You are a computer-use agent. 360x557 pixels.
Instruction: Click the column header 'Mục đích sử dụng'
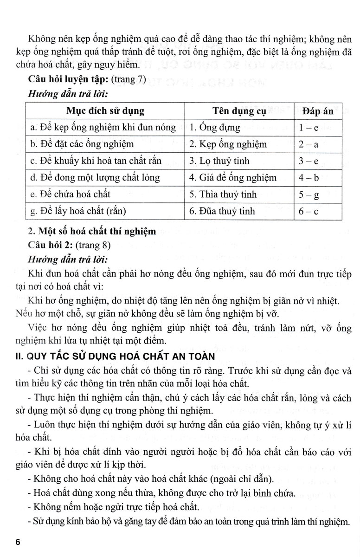click(x=105, y=111)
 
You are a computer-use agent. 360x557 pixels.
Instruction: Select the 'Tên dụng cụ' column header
click(x=239, y=111)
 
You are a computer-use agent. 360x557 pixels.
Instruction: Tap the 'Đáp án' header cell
click(x=318, y=111)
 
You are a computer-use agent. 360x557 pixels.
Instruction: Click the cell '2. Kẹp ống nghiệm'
click(x=228, y=144)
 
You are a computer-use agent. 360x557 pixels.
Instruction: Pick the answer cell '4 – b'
click(x=318, y=177)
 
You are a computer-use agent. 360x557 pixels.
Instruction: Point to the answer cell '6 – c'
click(x=318, y=211)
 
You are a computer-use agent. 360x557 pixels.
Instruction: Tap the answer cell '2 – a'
click(x=318, y=144)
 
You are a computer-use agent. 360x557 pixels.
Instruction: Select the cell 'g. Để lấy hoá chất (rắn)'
click(x=77, y=211)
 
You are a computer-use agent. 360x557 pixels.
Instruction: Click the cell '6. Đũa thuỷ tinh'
click(x=222, y=211)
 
